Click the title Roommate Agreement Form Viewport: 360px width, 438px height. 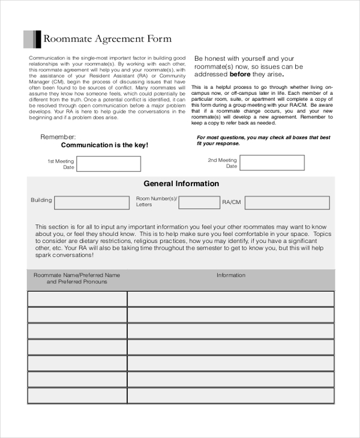(107, 39)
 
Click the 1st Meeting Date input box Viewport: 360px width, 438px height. (109, 164)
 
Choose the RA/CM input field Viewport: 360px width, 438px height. (287, 203)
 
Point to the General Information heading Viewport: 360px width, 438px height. (181, 184)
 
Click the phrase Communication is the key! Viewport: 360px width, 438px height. (104, 145)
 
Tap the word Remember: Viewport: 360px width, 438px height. (58, 137)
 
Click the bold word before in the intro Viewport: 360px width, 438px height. (241, 75)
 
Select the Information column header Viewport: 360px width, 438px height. (231, 275)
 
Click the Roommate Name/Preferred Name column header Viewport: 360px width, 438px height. (77, 278)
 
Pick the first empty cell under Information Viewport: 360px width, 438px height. (231, 299)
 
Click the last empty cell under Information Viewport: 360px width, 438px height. (231, 396)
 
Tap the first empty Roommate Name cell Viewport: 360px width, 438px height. (77, 299)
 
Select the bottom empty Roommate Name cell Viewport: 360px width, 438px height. (77, 396)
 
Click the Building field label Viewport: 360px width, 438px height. (41, 200)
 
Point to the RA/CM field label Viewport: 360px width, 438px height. (232, 203)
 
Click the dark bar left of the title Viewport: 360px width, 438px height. (38, 39)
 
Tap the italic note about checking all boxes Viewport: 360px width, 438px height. (263, 140)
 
